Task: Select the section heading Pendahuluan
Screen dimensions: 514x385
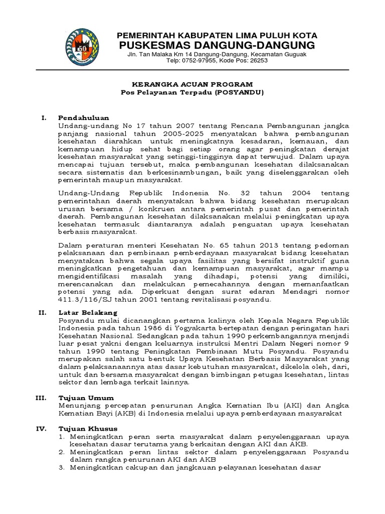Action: [83, 117]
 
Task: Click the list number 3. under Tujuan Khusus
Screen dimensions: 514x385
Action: [62, 468]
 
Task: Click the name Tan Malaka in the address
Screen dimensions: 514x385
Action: [153, 54]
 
